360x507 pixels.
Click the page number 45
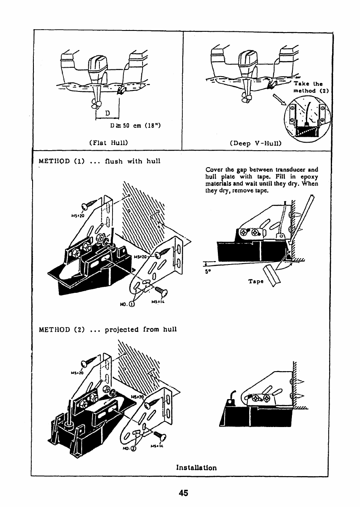pos(183,493)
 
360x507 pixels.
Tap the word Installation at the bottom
pos(196,468)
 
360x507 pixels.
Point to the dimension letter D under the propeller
pos(107,113)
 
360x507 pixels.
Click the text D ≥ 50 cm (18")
pos(135,125)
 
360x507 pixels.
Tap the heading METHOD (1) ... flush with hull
pos(100,161)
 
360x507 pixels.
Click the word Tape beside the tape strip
pos(256,281)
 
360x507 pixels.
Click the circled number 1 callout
pos(132,303)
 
